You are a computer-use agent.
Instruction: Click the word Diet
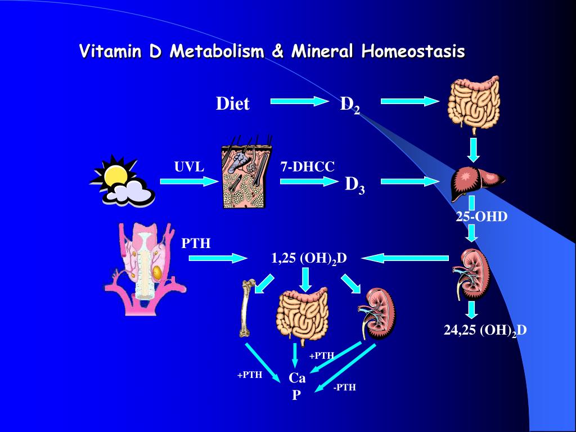click(232, 104)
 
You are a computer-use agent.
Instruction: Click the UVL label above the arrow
click(189, 166)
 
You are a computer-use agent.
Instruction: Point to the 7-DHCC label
click(307, 166)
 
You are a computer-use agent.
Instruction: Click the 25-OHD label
click(481, 217)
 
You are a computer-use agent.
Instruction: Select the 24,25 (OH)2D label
click(485, 330)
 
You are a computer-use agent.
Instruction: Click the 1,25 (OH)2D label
click(309, 258)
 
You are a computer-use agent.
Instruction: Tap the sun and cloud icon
click(121, 180)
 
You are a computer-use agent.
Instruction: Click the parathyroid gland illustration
click(145, 268)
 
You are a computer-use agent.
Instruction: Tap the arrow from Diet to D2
click(299, 101)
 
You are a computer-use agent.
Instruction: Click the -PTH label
click(344, 387)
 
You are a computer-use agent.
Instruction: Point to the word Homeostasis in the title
click(413, 52)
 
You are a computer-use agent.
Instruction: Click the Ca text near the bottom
click(297, 378)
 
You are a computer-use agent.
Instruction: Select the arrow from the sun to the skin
click(188, 181)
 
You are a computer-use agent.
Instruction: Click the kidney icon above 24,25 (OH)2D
click(472, 274)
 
